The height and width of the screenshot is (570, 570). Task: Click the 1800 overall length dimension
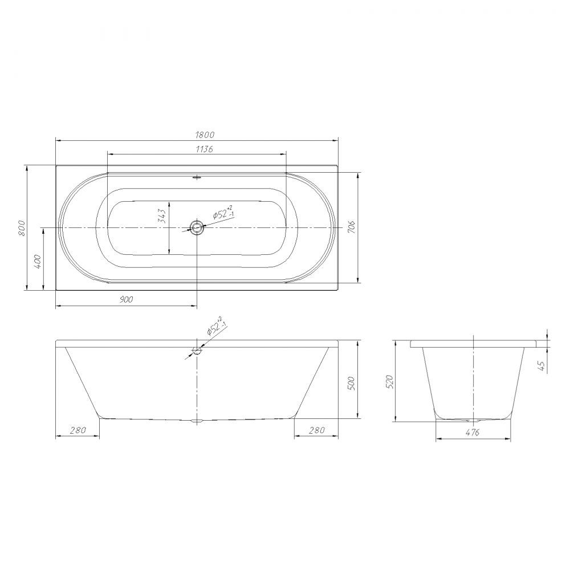205,135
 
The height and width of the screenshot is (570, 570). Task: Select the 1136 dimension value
204,149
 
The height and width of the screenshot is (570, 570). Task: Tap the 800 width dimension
22,228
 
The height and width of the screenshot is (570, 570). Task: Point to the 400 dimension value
39,262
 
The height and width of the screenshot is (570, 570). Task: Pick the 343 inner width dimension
162,216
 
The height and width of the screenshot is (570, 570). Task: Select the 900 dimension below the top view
126,300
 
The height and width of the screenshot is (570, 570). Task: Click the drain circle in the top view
197,227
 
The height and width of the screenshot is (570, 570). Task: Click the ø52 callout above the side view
216,325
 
